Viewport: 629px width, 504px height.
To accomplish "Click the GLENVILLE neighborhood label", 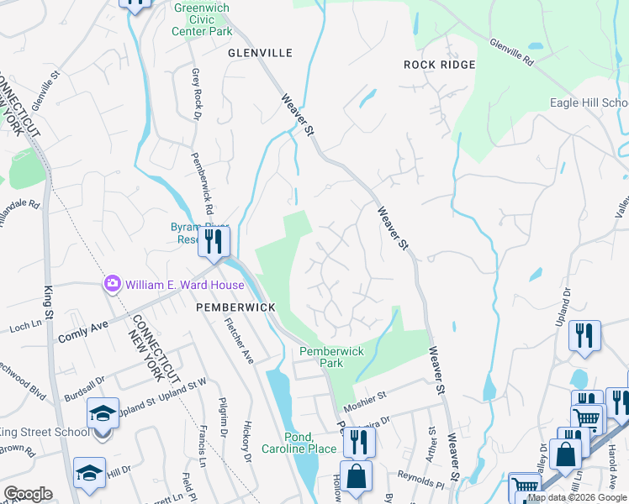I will (x=260, y=53).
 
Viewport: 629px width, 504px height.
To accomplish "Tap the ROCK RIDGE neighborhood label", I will (x=439, y=65).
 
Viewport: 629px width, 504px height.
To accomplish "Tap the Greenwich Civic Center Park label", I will (x=202, y=19).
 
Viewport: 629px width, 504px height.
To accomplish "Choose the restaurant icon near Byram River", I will (x=212, y=242).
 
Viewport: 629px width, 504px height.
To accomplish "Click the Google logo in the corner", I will (x=29, y=493).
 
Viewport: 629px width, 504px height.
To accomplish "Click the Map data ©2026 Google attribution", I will (x=578, y=498).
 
